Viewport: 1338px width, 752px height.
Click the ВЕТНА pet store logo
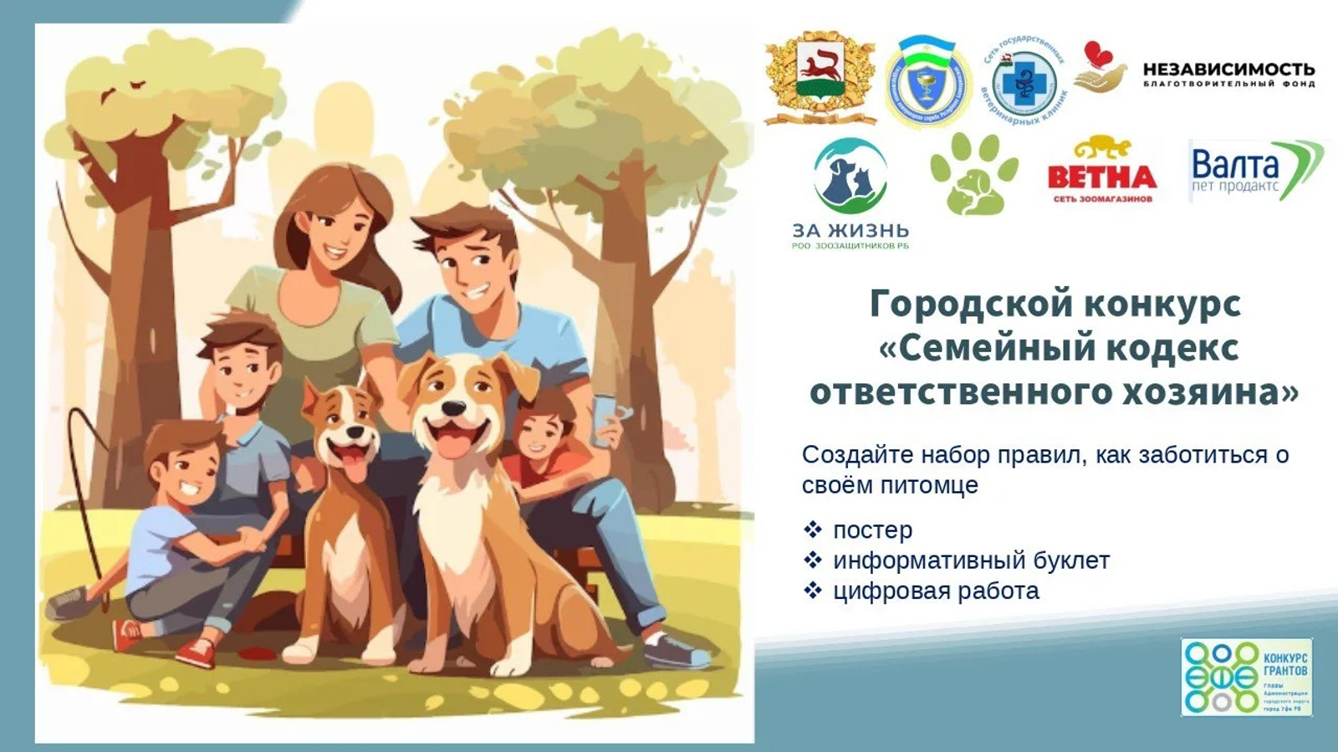pyautogui.click(x=1101, y=171)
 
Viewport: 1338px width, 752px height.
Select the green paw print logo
pyautogui.click(x=974, y=173)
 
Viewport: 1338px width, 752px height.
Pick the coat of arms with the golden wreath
pyautogui.click(x=820, y=78)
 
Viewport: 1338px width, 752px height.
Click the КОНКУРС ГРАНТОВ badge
pyautogui.click(x=1246, y=677)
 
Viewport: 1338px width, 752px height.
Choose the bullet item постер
pyautogui.click(x=872, y=530)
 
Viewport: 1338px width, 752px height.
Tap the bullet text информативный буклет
pyautogui.click(x=971, y=560)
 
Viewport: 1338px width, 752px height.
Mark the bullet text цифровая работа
pyautogui.click(x=936, y=591)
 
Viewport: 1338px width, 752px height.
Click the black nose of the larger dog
pyautogui.click(x=453, y=409)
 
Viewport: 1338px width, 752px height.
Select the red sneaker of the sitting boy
pyautogui.click(x=196, y=652)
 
